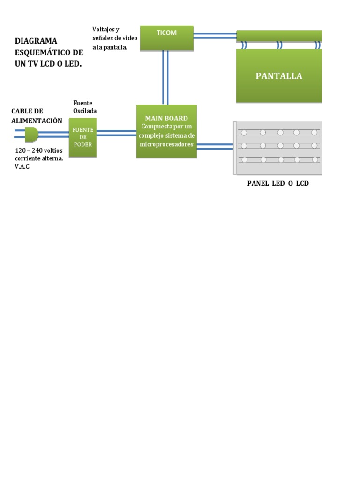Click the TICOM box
(166, 37)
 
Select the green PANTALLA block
(279, 76)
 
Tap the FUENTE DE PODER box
(82, 137)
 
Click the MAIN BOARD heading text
(166, 119)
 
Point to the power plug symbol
(31, 135)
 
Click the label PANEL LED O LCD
(278, 183)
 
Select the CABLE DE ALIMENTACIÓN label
(37, 116)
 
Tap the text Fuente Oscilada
(85, 107)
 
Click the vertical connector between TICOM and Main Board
(165, 77)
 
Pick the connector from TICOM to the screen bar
(215, 36)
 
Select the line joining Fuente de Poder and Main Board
(116, 133)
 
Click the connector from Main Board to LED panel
(215, 147)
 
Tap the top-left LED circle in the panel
(244, 132)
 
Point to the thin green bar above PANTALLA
(279, 36)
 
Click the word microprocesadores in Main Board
(166, 144)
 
